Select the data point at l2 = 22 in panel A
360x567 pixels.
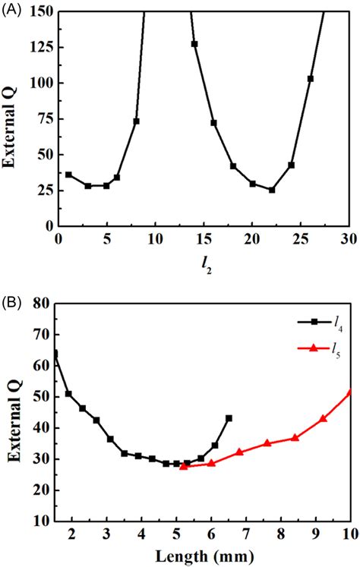[x=272, y=190]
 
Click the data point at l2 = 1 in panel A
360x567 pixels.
[x=68, y=175]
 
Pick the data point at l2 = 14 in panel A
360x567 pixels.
[x=194, y=44]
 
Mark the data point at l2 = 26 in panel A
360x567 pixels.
[x=311, y=78]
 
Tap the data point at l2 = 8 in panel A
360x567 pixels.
[x=137, y=121]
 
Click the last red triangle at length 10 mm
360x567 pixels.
[x=350, y=392]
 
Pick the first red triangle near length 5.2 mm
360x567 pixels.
[x=183, y=466]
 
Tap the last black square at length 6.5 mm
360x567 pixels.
[x=229, y=418]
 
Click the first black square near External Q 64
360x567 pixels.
[x=55, y=353]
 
